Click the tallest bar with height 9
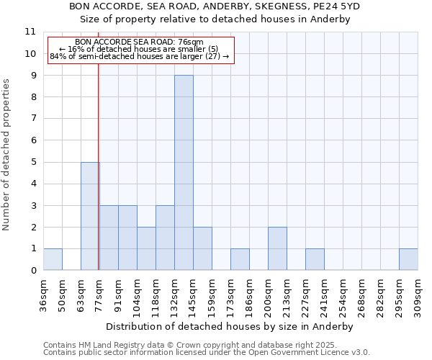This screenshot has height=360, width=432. point(184,173)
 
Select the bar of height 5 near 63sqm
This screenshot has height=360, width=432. point(90,216)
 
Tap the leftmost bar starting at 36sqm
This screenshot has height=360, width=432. point(53,259)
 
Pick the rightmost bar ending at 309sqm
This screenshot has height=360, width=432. point(408,259)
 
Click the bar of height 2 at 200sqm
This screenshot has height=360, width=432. point(277,248)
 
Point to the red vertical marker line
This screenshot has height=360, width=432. point(98,180)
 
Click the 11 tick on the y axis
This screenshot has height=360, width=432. point(30,32)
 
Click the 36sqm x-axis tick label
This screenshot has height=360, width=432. point(44,294)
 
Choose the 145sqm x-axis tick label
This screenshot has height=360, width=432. point(194,296)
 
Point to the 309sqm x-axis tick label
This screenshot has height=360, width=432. point(418,296)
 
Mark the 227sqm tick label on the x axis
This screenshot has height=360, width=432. point(306,296)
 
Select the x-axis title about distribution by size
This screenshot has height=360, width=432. point(234,326)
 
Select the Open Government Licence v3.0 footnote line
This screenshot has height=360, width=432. point(207,353)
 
